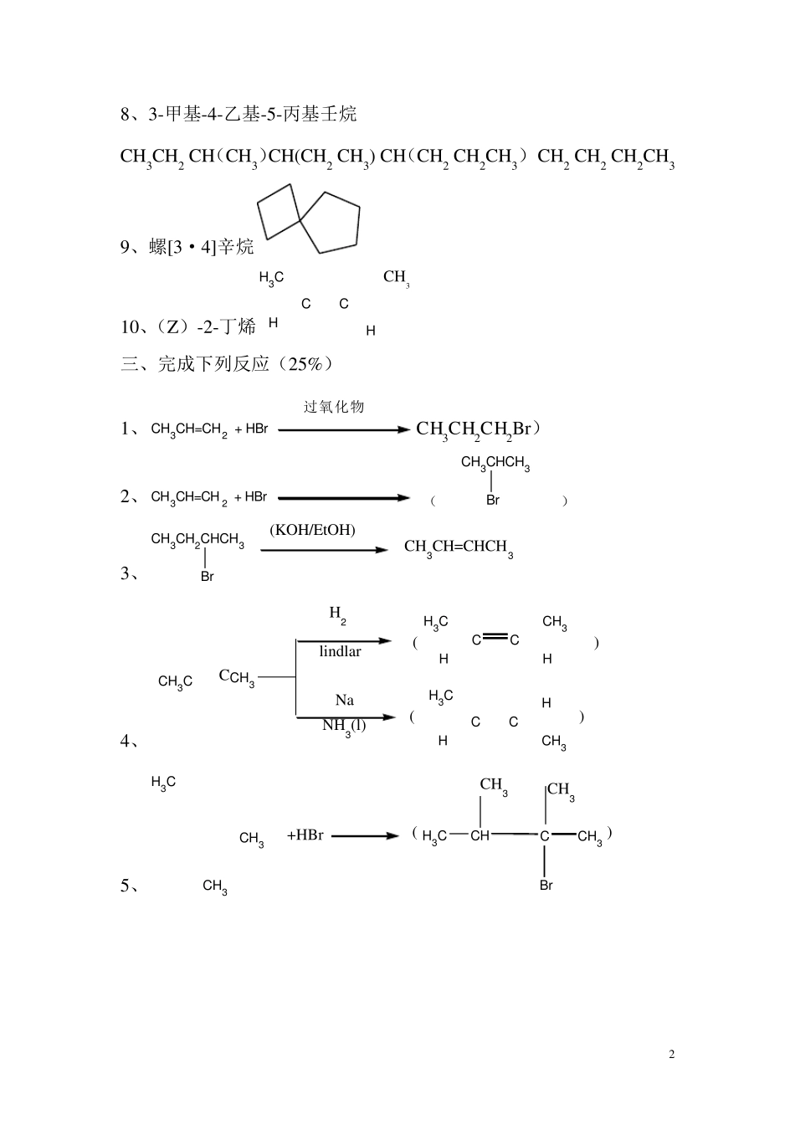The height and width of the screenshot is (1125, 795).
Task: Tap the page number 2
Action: click(671, 1054)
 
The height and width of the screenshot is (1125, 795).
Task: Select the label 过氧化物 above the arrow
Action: click(334, 407)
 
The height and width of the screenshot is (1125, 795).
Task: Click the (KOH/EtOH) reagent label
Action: click(312, 530)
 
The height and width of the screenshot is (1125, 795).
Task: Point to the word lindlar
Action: click(340, 651)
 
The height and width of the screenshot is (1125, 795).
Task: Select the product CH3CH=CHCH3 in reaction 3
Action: click(458, 547)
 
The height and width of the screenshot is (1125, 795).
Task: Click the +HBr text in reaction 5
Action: click(305, 835)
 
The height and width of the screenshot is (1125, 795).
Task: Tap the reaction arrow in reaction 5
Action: click(365, 835)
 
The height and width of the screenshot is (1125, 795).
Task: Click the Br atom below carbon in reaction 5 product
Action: click(546, 885)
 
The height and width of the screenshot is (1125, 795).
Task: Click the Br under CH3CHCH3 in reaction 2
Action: click(492, 501)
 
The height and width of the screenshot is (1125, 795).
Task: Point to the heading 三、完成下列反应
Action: click(226, 364)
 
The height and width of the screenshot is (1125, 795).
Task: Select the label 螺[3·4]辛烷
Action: click(202, 247)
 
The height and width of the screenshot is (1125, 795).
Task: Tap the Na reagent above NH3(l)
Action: click(344, 700)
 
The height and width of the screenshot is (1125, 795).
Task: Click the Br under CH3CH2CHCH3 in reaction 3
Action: click(207, 577)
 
